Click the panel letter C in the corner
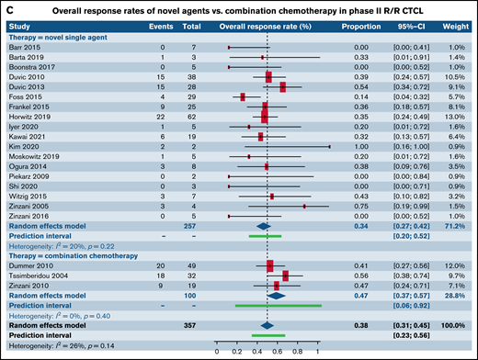click(x=7, y=7)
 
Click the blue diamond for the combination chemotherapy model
click(x=276, y=296)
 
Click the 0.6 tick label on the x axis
click(x=277, y=350)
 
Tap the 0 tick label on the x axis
click(x=217, y=350)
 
